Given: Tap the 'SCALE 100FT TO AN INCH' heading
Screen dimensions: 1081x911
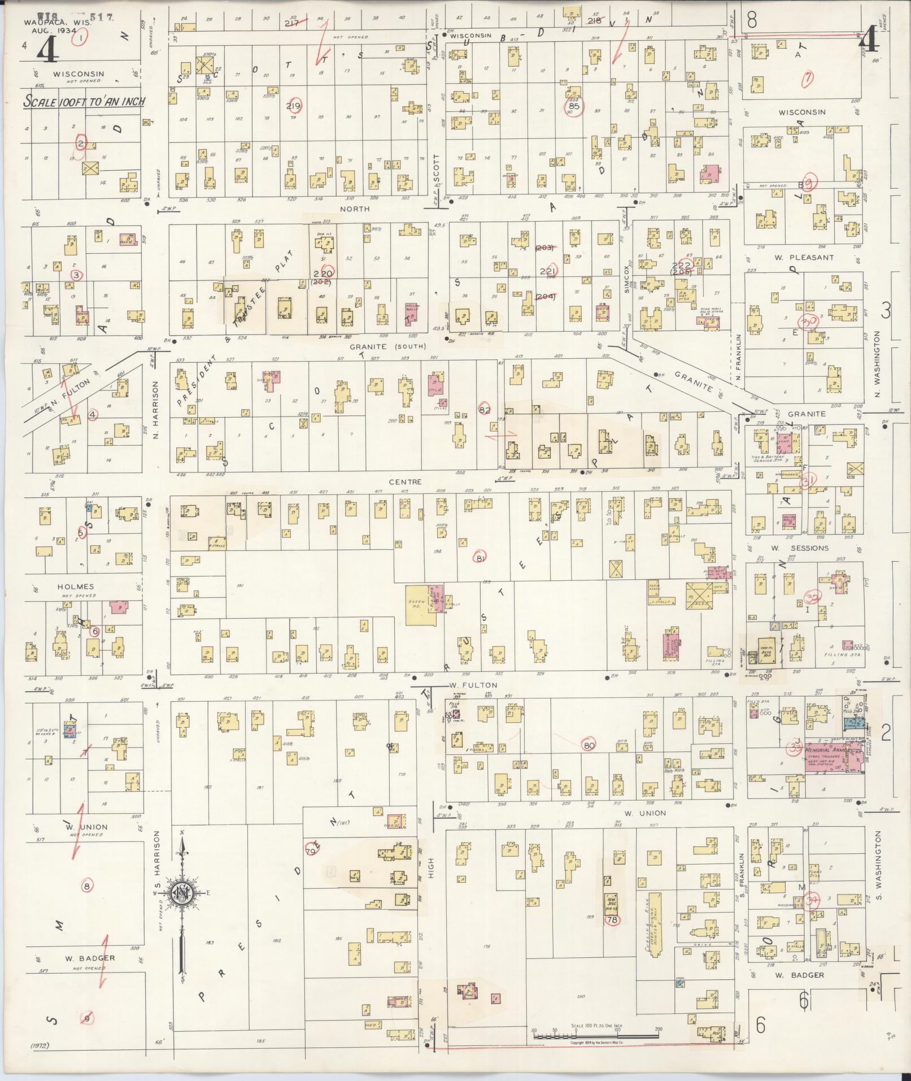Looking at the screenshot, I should point(84,102).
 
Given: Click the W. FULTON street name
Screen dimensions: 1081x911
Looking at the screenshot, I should point(473,685).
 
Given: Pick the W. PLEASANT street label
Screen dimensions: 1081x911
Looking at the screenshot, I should point(804,258).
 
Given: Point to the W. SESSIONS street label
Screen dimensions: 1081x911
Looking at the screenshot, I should point(801,548).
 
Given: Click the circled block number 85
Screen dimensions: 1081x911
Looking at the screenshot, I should point(575,106).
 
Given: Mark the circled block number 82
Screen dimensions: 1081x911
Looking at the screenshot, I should point(485,410).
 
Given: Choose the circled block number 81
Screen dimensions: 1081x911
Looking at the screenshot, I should point(481,558).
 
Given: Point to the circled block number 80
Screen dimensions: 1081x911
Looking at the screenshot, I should point(589,745).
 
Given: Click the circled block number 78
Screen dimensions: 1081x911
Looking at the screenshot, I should point(612,920).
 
